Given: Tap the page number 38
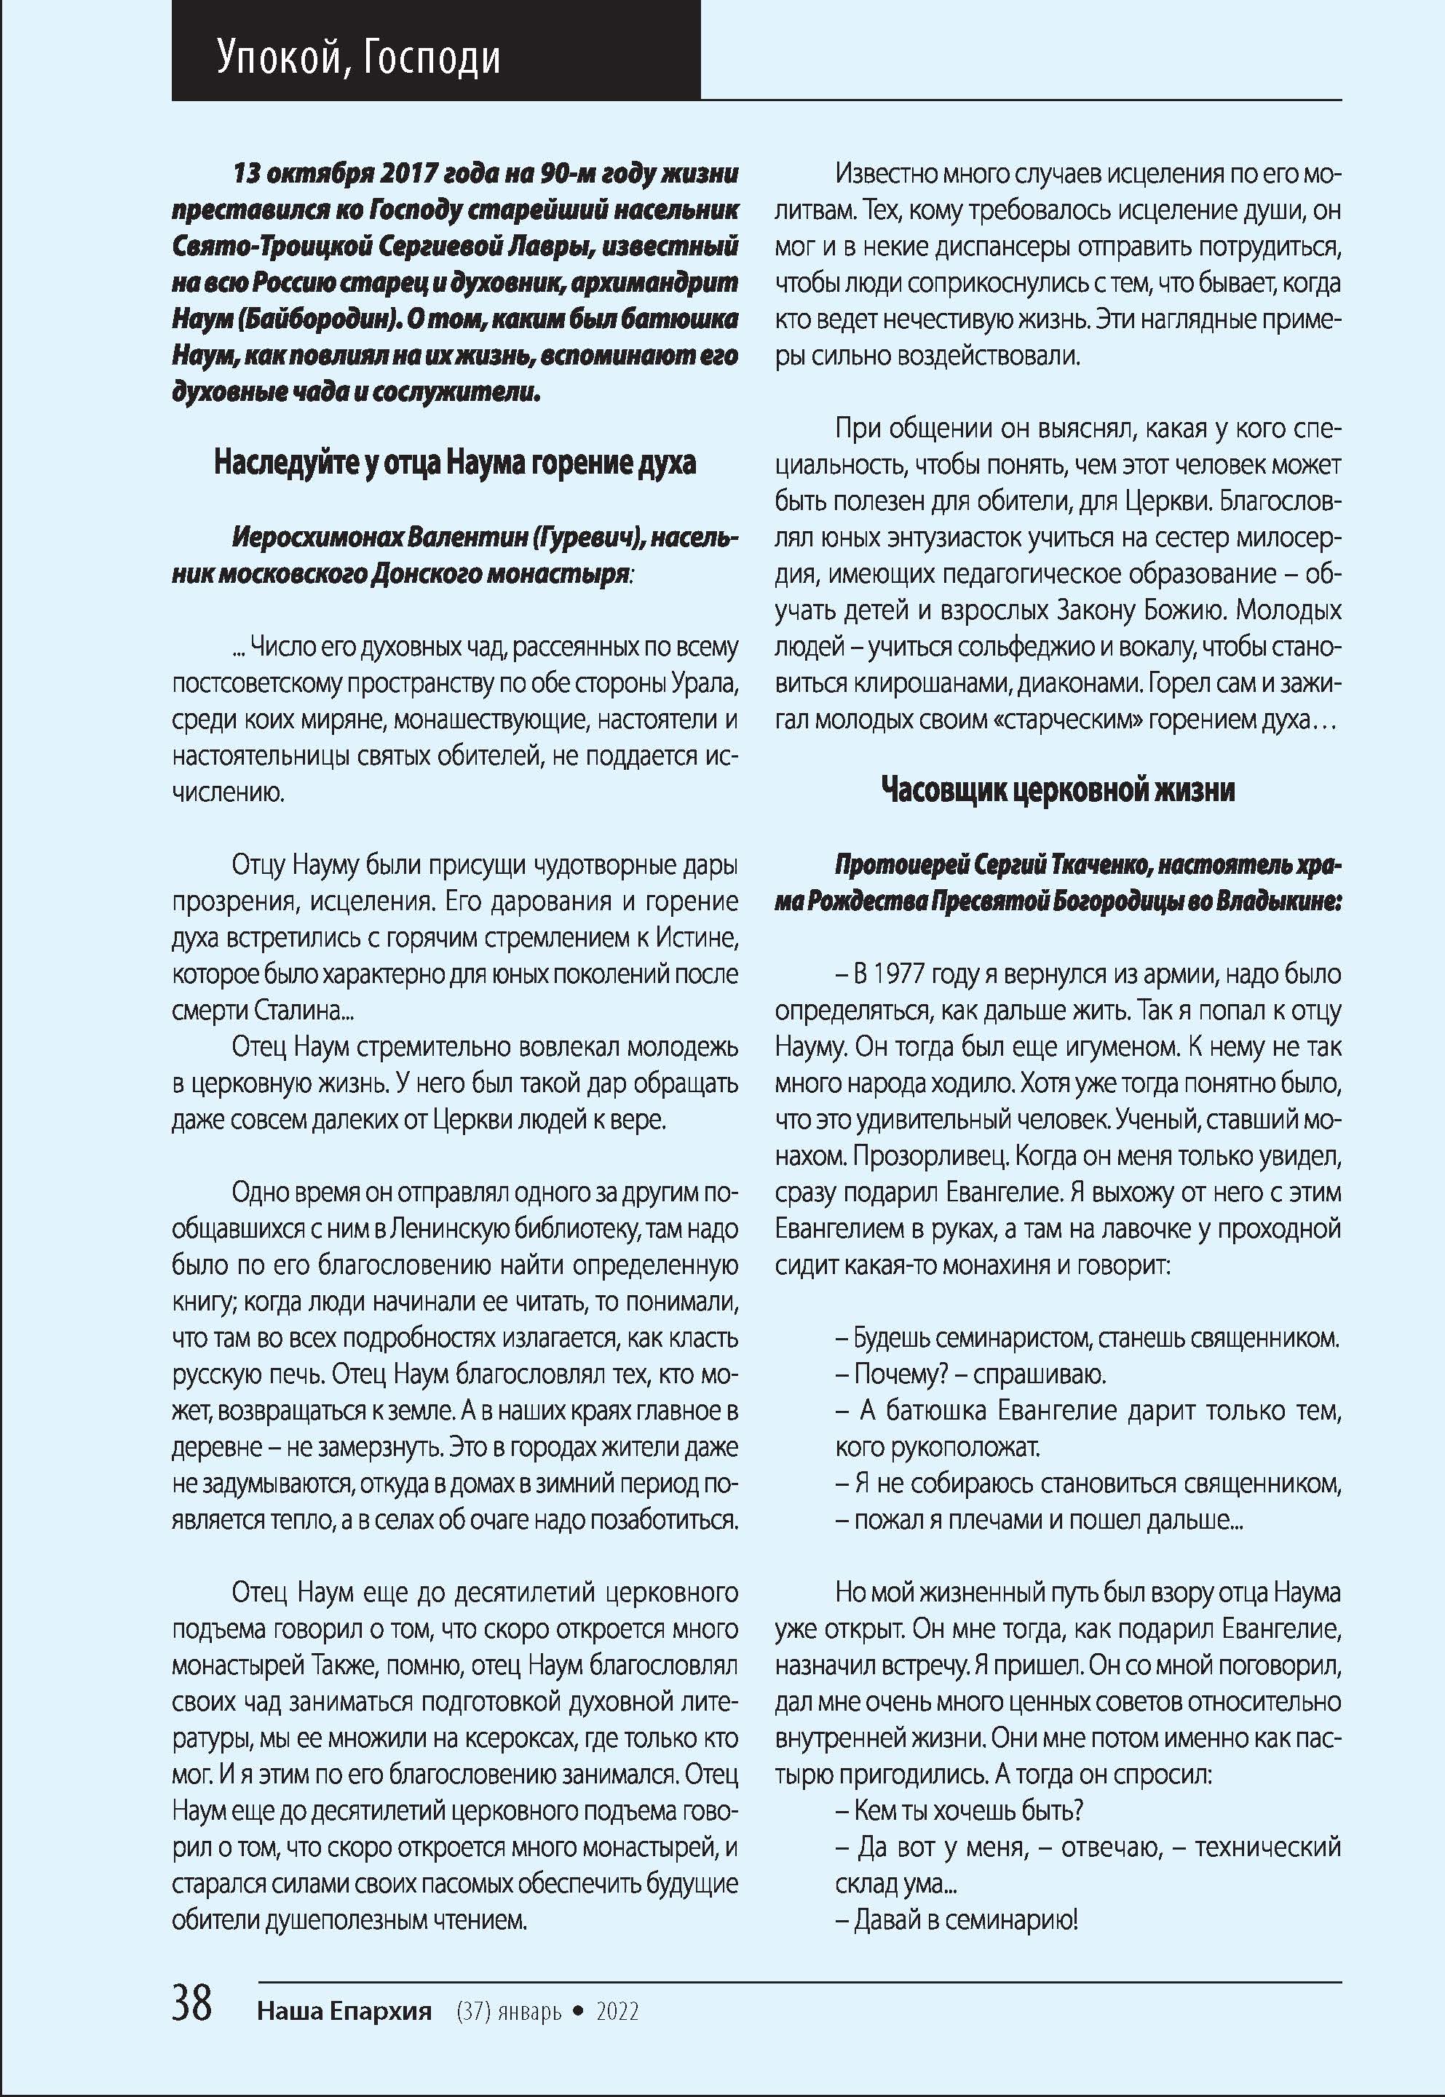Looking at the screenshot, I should [x=192, y=2004].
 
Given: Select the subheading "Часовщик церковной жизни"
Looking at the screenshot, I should [x=1058, y=790].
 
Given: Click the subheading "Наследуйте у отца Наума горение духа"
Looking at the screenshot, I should [x=454, y=463].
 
